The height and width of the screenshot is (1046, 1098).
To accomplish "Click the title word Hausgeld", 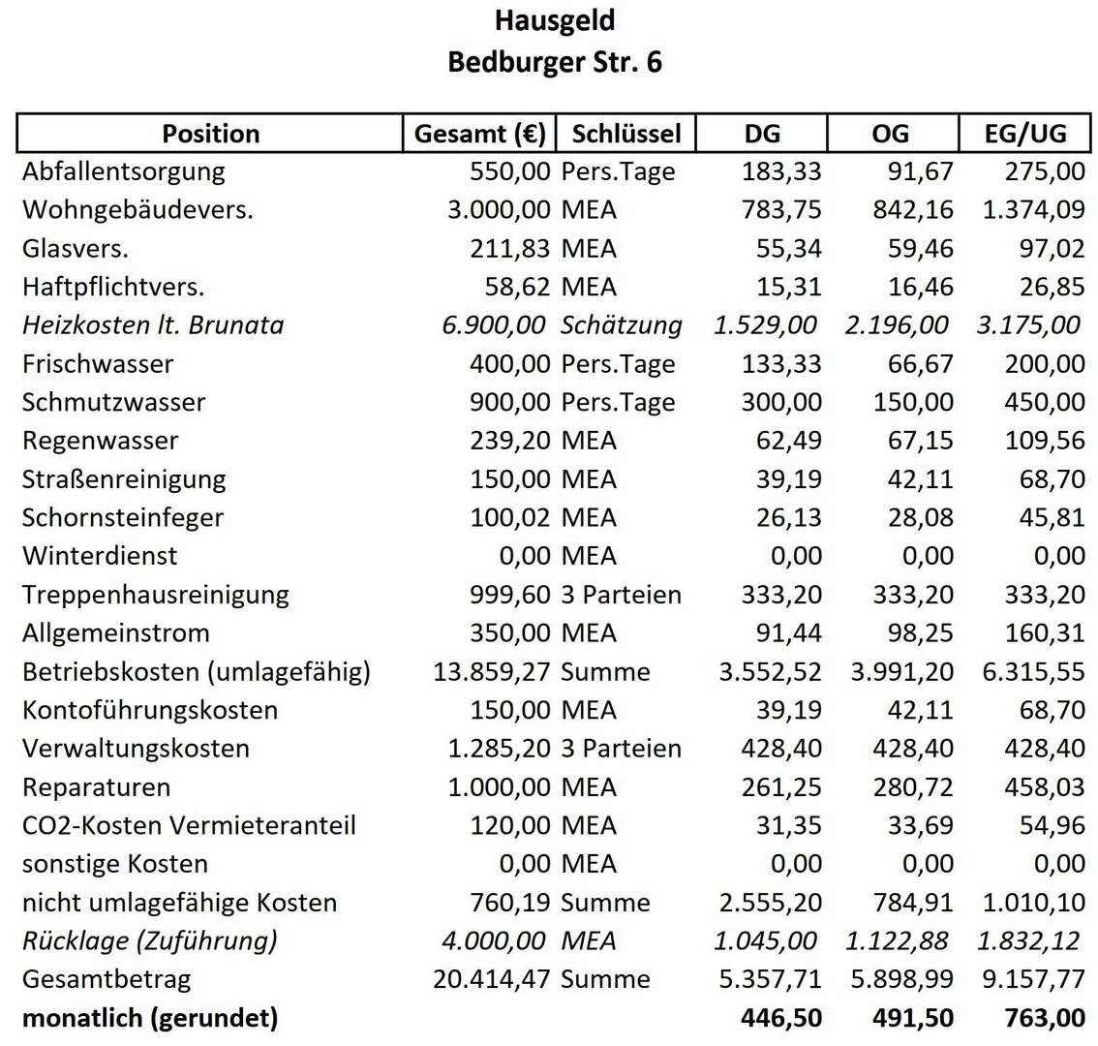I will point(554,20).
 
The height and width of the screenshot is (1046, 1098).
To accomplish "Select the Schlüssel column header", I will point(626,134).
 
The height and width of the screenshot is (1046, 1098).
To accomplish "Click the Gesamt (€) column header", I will point(479,134).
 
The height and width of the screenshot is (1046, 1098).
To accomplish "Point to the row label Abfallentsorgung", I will point(123,171).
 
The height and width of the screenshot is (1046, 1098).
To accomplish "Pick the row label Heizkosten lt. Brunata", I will point(153,324).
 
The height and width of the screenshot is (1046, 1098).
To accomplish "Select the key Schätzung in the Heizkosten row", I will point(621,324).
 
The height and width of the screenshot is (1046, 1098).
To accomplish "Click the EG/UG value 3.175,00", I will point(1027,324).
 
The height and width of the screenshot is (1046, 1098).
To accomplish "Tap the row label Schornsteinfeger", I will point(123,517).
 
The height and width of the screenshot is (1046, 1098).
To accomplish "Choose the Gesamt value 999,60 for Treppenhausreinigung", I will point(510,594).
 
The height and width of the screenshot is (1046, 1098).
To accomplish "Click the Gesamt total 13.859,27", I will point(492,671).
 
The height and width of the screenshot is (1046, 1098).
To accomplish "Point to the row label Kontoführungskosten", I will point(150,710).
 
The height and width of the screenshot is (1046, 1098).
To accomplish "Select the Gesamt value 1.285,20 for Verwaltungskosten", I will point(499,749).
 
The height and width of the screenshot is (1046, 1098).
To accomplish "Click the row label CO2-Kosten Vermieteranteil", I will point(189,825).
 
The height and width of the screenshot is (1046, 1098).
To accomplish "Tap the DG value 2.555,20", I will point(770,903).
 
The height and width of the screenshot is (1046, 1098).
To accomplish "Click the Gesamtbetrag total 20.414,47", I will point(492,979).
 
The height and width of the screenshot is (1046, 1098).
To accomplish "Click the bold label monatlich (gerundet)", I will point(150,1018).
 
